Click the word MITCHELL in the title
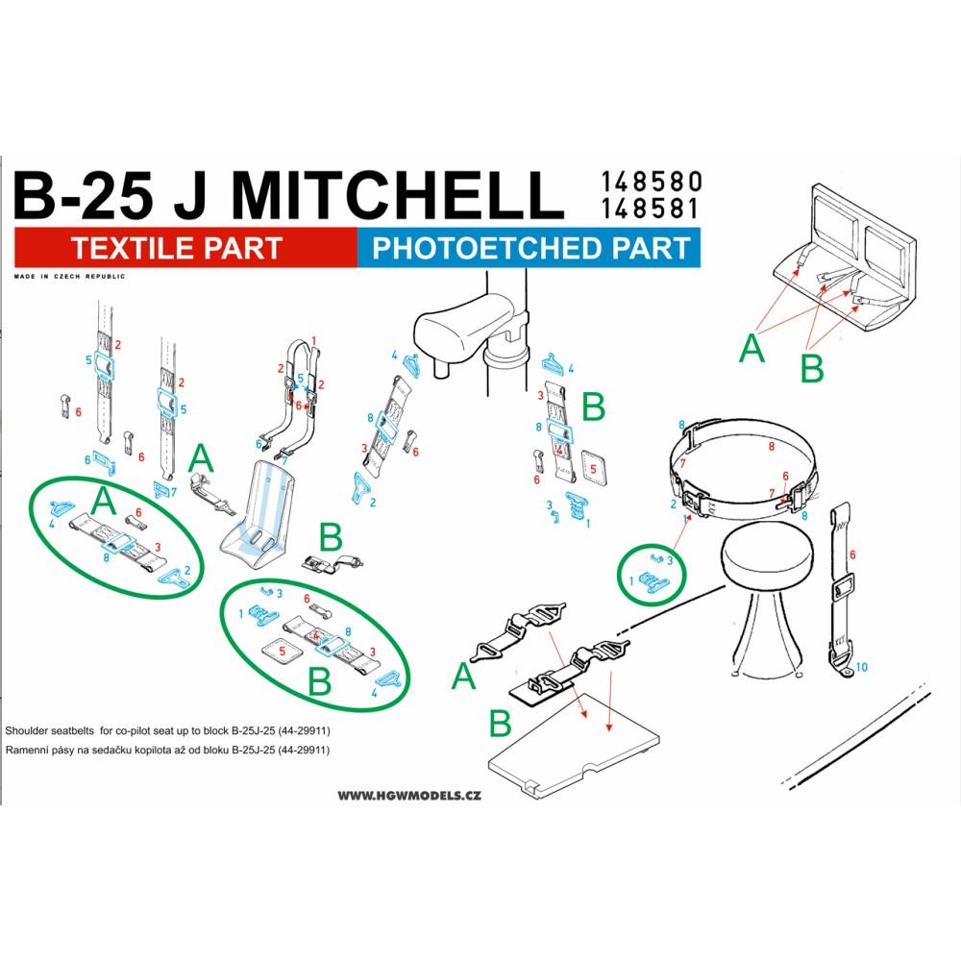(397, 195)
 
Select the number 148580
(651, 182)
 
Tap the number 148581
(650, 209)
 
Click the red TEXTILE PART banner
(185, 248)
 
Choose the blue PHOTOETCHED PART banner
(529, 248)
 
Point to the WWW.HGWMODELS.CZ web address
(409, 796)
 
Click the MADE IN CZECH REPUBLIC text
(69, 277)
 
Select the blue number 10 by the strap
(861, 667)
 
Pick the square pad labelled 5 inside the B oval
(282, 651)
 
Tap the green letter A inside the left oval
(103, 502)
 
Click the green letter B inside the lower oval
(319, 681)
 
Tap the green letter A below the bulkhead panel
(752, 348)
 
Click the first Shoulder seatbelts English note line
(167, 730)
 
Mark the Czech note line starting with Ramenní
(167, 750)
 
